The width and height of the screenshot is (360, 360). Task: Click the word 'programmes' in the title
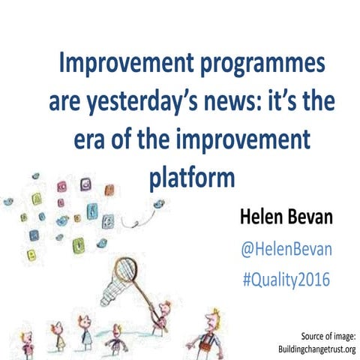click(x=254, y=67)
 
